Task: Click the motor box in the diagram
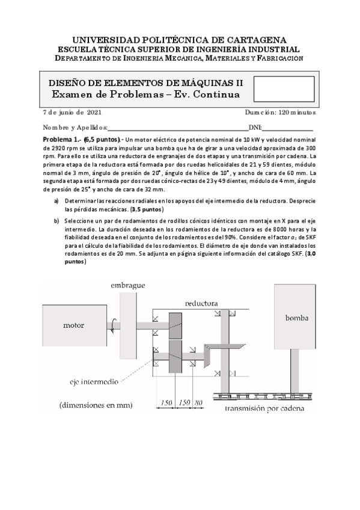coord(75,325)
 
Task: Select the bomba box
coord(294,317)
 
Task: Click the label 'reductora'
coord(201,304)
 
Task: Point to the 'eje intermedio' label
coord(94,381)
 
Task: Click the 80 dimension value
coord(198,403)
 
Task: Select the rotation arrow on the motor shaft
coord(113,325)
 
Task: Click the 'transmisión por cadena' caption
coord(264,409)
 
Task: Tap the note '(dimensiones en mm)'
coord(96,405)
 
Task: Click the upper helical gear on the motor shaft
coord(175,325)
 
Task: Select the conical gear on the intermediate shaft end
coord(207,356)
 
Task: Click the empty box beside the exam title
coord(284,89)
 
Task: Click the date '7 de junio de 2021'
coord(72,112)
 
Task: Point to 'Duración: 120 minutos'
coord(280,112)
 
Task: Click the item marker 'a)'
coord(56,201)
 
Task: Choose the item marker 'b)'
coord(56,221)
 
